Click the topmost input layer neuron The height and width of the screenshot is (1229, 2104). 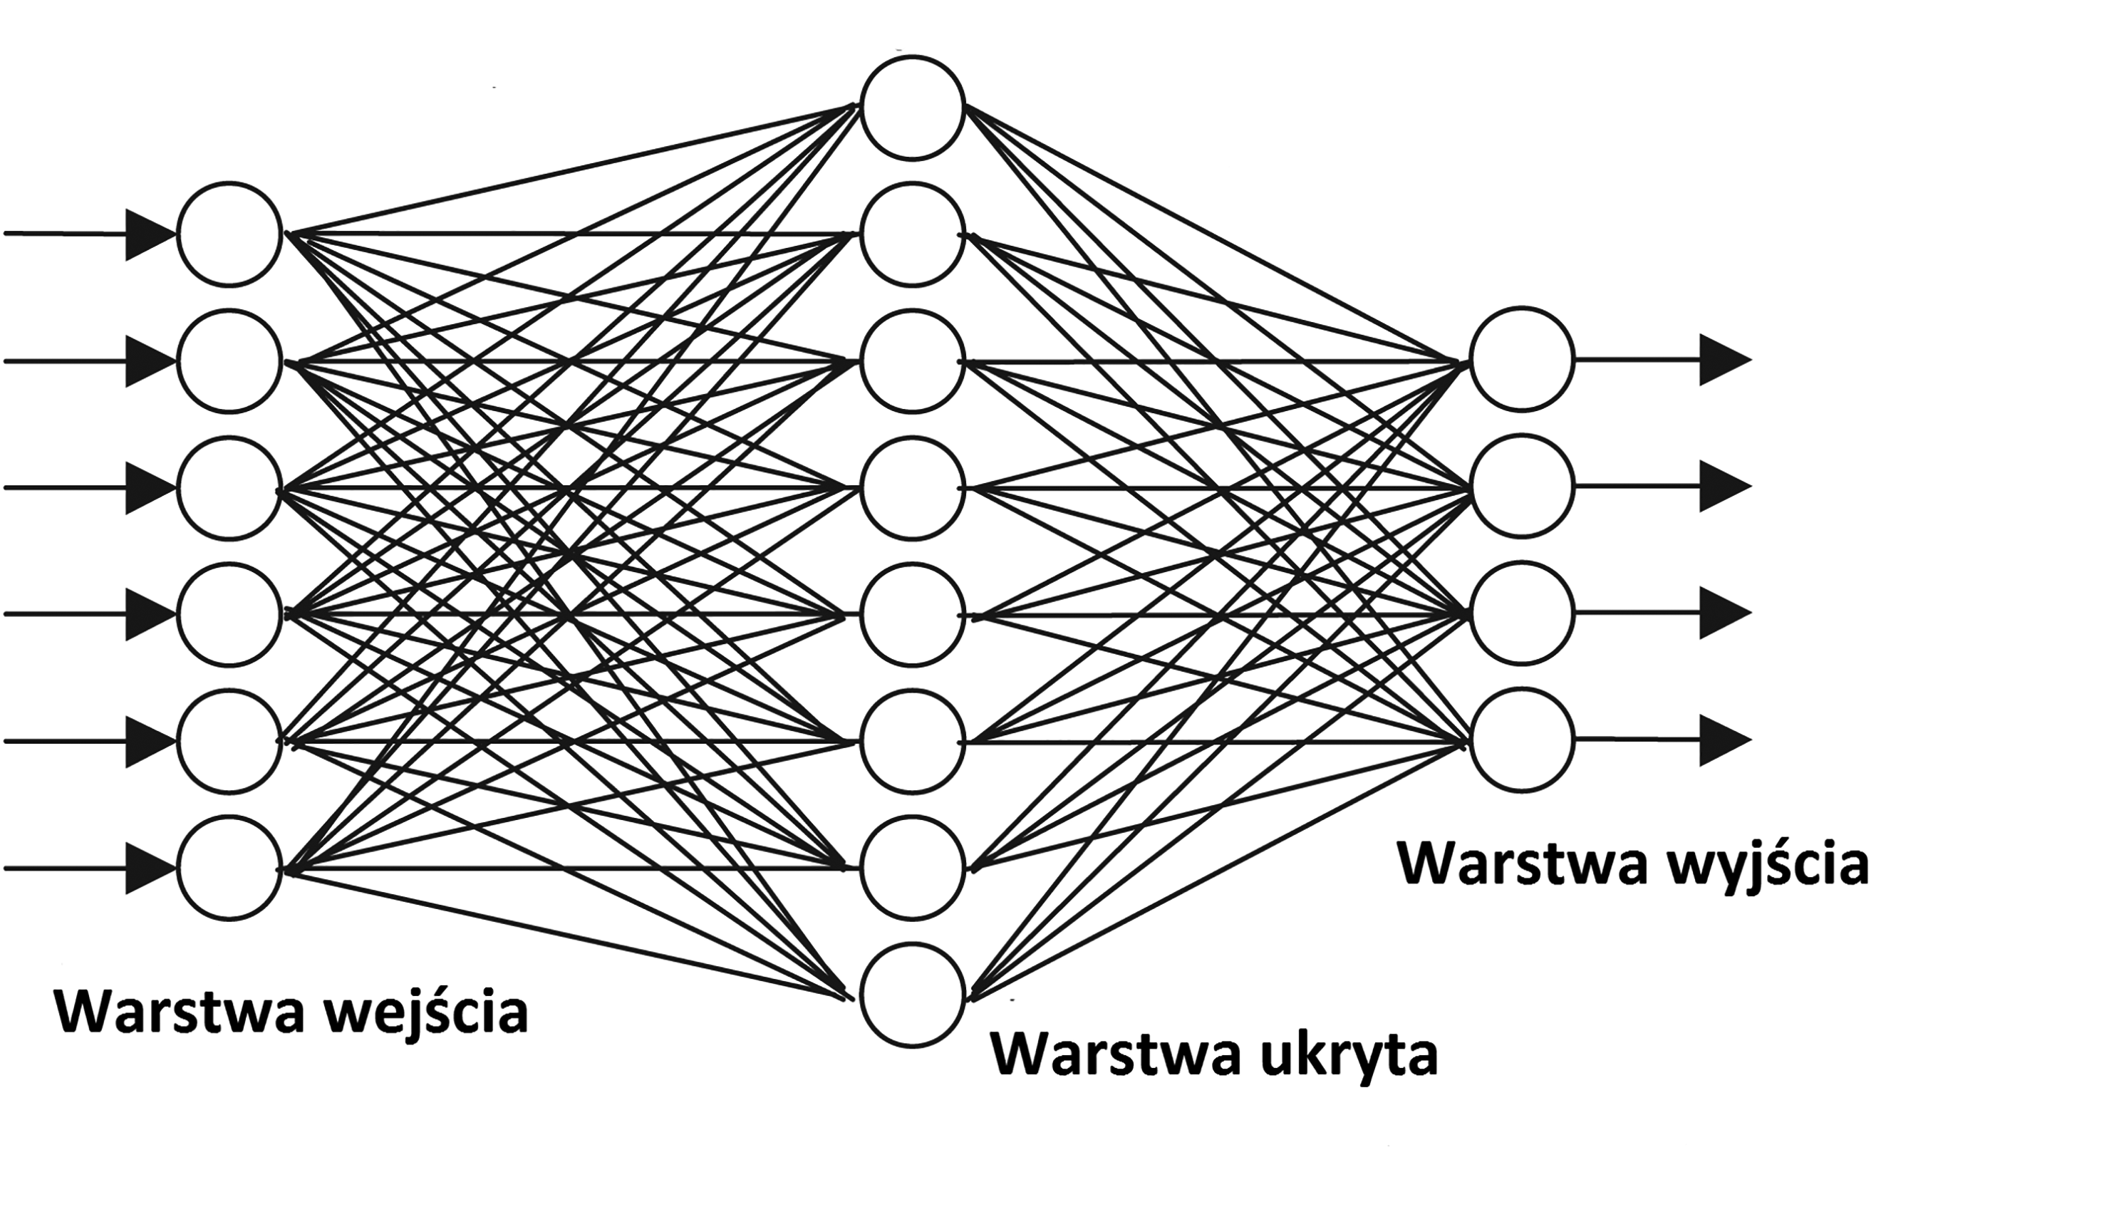[229, 234]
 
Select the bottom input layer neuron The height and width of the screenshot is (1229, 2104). [229, 868]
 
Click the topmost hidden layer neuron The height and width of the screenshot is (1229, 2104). [913, 107]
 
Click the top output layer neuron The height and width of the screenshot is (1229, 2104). [1521, 360]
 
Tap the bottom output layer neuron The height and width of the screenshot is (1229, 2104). [1521, 740]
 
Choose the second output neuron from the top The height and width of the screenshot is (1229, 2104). [1521, 487]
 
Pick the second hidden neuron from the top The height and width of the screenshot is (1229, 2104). [913, 234]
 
